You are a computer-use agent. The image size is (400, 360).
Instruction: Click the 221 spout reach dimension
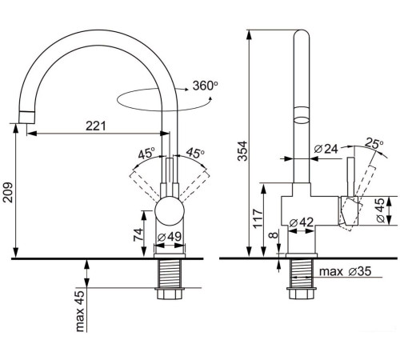96,126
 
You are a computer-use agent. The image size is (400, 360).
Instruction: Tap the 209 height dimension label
8,193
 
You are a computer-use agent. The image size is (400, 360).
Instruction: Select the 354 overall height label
242,151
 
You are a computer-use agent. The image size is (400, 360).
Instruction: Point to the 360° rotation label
205,86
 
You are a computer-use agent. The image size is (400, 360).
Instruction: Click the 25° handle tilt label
374,143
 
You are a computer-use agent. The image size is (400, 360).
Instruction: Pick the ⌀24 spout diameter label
326,149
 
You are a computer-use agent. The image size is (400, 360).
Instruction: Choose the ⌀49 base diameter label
170,237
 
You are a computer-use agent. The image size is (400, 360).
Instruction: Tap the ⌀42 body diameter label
302,222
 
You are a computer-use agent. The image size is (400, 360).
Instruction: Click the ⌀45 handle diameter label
381,210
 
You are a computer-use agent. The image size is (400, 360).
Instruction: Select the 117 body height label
258,218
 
